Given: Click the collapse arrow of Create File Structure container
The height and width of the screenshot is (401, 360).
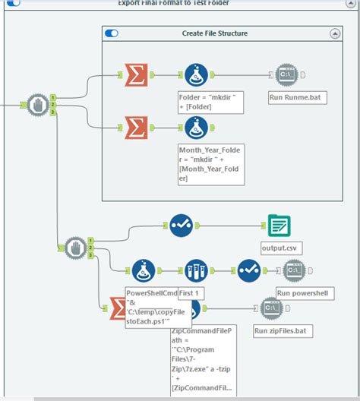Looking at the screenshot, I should coord(334,33).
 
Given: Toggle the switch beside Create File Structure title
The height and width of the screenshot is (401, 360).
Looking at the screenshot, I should coord(112,33).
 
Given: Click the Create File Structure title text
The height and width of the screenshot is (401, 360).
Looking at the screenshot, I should coord(215,33).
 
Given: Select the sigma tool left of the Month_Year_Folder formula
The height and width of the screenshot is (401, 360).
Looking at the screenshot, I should coord(134,127).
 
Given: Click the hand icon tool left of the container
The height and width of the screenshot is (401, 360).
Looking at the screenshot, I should coord(38,103).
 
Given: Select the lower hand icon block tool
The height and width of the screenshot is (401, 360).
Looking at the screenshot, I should coord(74,247).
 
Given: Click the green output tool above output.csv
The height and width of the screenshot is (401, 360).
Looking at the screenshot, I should coord(279,225).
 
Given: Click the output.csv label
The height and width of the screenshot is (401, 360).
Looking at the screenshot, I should coord(279,248).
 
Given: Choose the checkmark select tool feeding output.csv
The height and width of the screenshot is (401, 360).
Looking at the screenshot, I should coord(180,225).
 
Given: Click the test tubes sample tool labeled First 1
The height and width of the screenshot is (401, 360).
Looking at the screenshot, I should coord(196,270).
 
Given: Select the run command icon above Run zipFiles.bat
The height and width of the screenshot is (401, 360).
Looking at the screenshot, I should coord(272,308).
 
